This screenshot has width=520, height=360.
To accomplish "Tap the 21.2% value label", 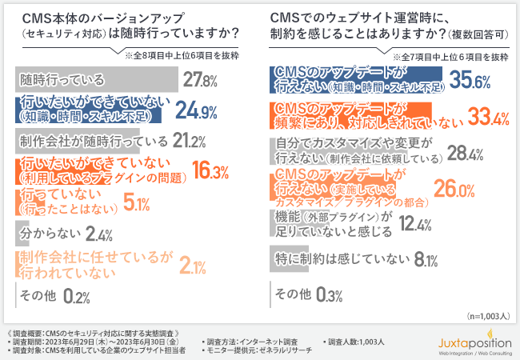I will click(191, 142).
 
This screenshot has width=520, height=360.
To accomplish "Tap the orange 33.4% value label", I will click(490, 118).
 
